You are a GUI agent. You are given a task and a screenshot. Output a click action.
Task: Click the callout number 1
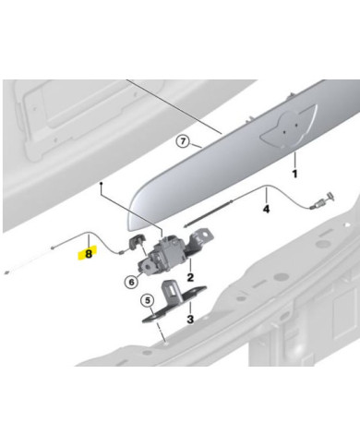(294, 173)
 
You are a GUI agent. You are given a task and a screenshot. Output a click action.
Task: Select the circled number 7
(184, 141)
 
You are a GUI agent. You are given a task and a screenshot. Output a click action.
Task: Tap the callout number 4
(267, 210)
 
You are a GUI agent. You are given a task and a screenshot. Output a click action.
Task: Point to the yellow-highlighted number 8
(88, 250)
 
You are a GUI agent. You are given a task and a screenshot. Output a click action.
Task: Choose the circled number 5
(146, 300)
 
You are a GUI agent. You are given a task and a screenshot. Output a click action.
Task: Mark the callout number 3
(188, 319)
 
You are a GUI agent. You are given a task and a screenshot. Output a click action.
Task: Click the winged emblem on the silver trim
(285, 133)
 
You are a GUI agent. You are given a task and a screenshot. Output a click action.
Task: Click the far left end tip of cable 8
(7, 272)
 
